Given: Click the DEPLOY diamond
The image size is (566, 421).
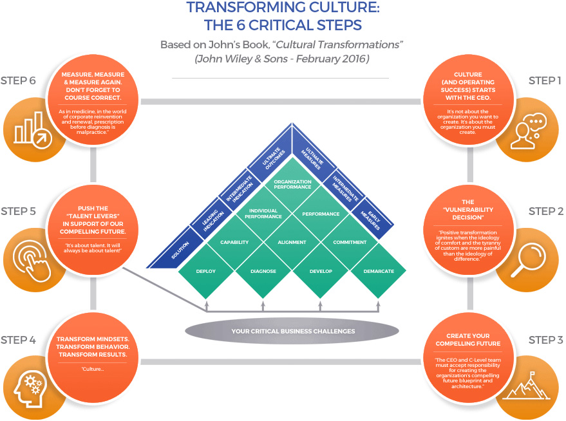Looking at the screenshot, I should (x=205, y=271).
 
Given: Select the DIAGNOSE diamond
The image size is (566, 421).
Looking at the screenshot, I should (x=263, y=271).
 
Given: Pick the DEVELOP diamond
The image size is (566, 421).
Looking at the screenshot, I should (x=321, y=271).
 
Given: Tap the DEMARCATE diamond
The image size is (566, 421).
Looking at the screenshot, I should (x=379, y=271).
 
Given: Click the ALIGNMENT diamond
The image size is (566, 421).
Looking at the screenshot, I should (x=292, y=243).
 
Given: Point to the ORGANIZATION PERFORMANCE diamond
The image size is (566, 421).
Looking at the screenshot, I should (x=292, y=185).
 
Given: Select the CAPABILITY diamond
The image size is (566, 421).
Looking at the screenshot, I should (x=234, y=243).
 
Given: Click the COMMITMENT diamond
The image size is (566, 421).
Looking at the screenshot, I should (x=350, y=243).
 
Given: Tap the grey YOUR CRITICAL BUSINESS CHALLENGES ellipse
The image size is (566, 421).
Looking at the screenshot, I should (x=292, y=332).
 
